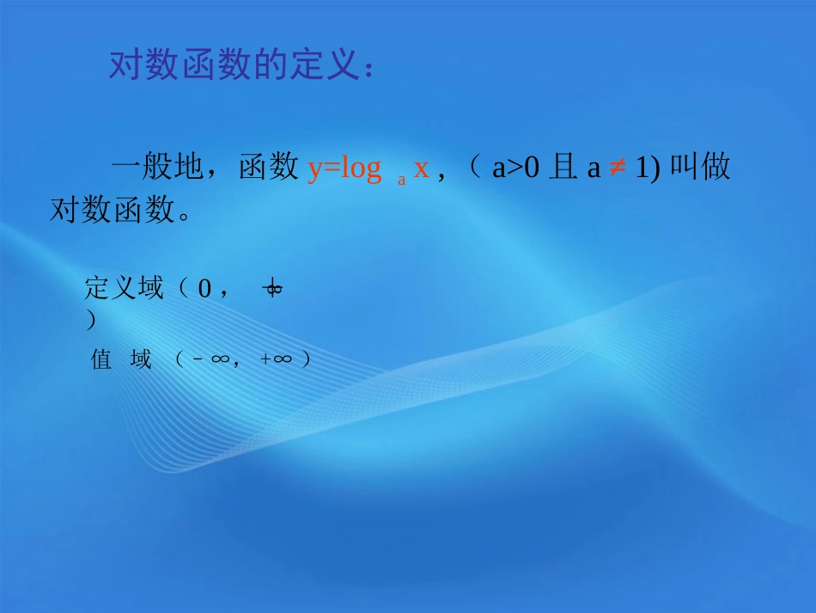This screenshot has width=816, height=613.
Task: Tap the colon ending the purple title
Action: click(368, 69)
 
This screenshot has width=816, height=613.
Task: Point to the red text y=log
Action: click(344, 169)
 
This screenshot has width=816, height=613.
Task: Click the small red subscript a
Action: click(401, 180)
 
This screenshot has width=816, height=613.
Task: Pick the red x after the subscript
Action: click(421, 169)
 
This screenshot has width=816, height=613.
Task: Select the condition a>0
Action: click(515, 169)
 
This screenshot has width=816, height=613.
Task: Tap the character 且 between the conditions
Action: click(562, 169)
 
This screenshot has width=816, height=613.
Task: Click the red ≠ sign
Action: click(617, 169)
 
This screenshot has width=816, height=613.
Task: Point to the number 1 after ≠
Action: click(641, 169)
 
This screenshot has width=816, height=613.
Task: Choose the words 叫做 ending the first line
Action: click(699, 169)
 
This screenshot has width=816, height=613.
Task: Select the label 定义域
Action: click(124, 289)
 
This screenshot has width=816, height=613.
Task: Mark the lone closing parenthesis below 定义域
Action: click(90, 321)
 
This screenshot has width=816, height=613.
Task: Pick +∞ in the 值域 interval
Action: click(276, 359)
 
